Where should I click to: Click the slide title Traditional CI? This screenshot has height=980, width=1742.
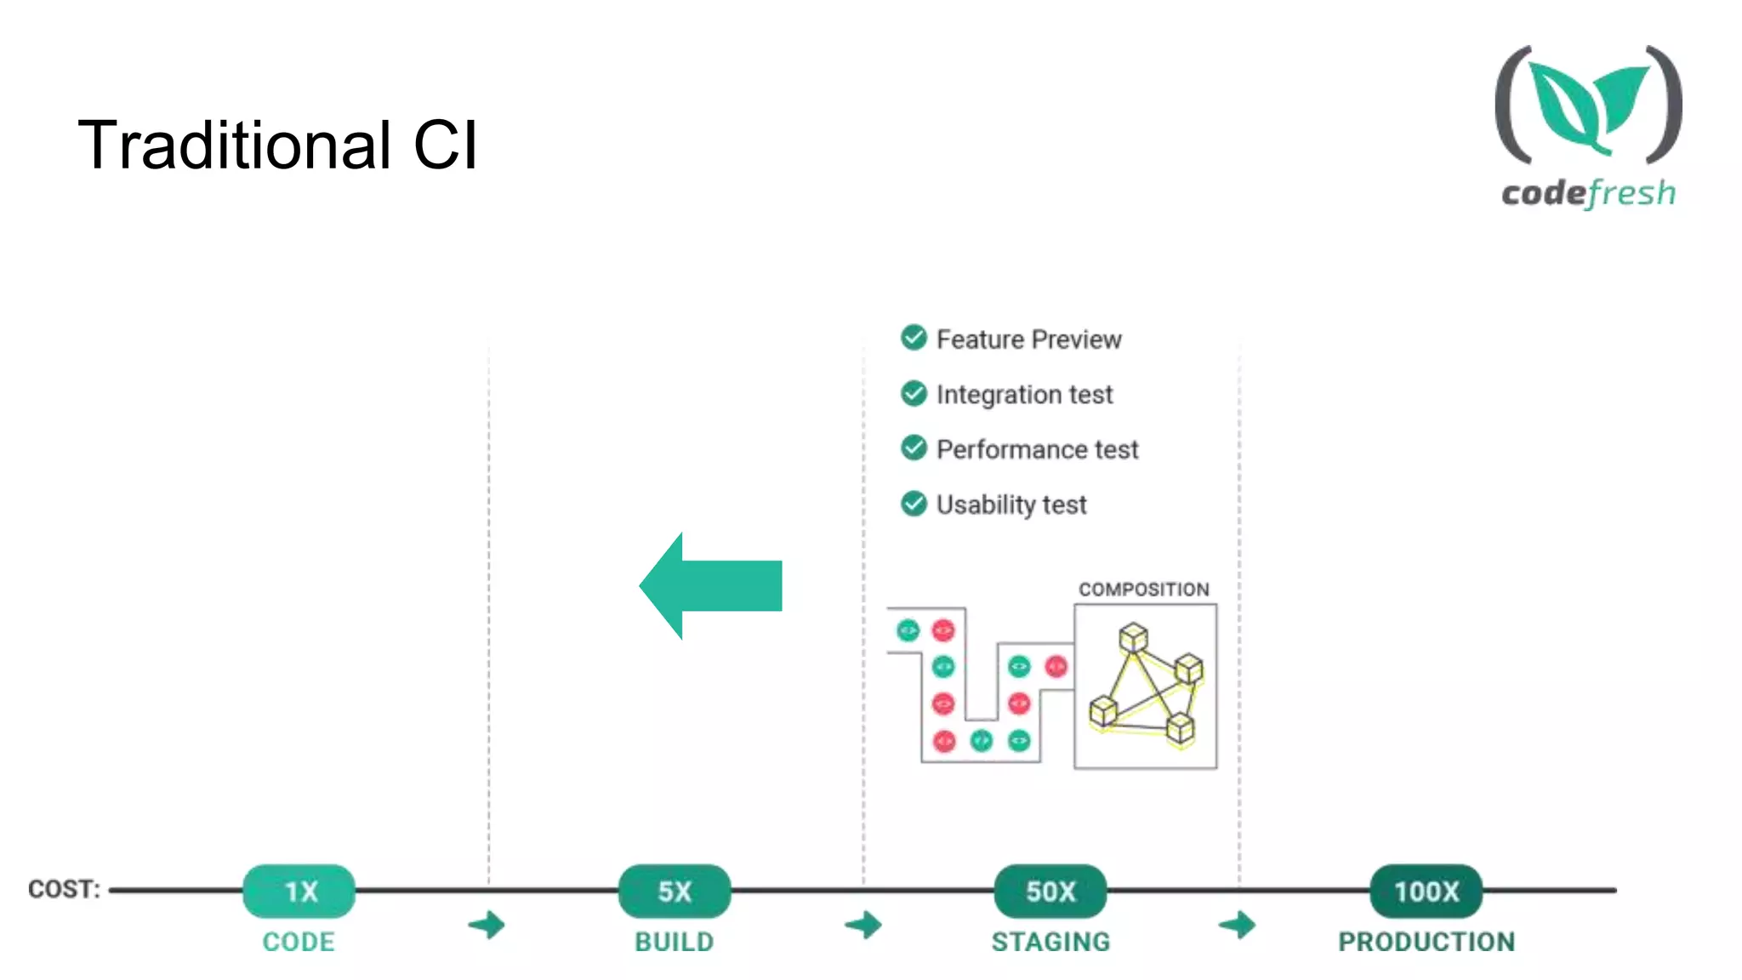[x=277, y=145]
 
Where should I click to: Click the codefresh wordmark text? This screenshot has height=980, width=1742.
[x=1588, y=193]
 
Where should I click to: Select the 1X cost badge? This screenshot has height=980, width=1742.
[x=299, y=891]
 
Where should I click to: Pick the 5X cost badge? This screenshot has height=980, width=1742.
[x=675, y=891]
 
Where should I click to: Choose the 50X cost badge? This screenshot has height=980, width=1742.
[x=1050, y=891]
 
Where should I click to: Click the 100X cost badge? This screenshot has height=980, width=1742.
[x=1426, y=891]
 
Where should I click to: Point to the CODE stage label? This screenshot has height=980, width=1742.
[x=299, y=942]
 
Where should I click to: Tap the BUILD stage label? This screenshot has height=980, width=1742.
[x=675, y=942]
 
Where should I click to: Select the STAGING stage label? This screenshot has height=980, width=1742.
[x=1050, y=942]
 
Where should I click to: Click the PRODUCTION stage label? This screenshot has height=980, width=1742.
[x=1426, y=942]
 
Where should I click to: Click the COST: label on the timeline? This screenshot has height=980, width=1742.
[x=64, y=889]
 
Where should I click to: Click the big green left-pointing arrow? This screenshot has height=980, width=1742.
[x=711, y=585]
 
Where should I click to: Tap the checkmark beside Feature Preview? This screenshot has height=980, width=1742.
[x=914, y=338]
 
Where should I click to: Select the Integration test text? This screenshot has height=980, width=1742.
[x=1024, y=394]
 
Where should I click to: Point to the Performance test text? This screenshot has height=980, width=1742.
[x=1037, y=449]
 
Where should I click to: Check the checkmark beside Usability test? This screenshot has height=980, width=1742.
[x=914, y=504]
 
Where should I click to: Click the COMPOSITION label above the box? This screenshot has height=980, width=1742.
[x=1143, y=590]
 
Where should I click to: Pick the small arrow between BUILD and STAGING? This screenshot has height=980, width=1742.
[x=864, y=925]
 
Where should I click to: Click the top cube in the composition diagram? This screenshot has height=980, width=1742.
[x=1133, y=637]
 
